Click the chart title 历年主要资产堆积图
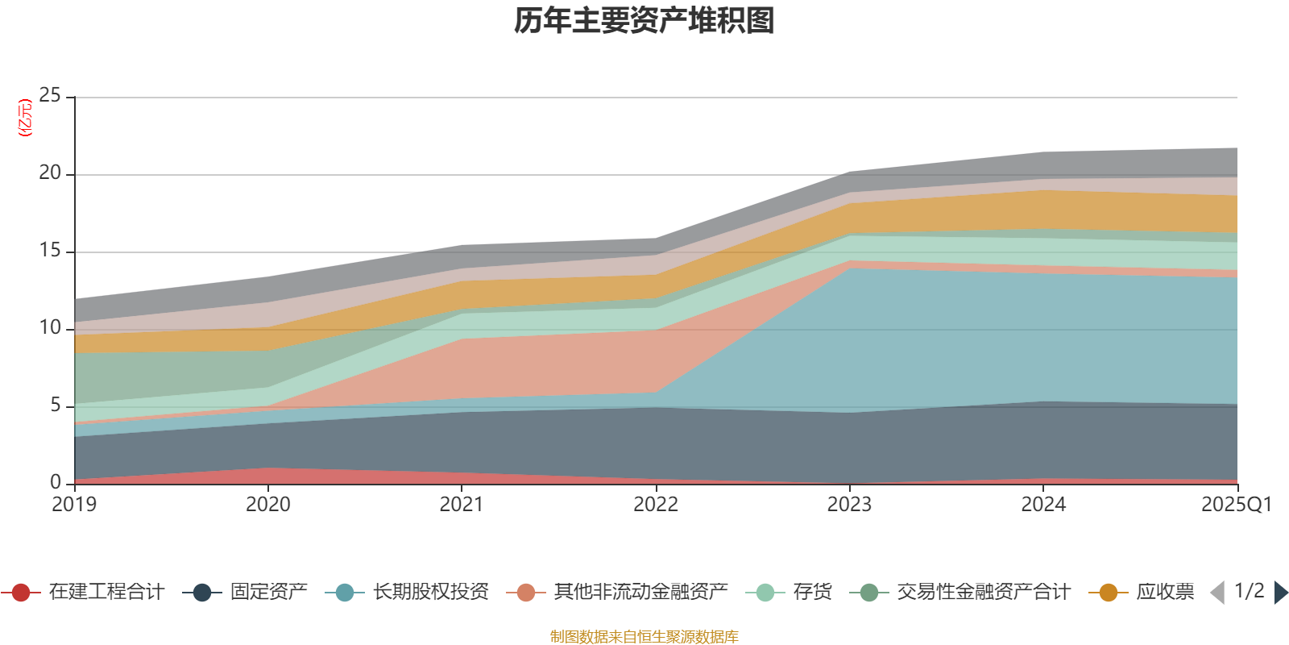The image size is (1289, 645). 644,21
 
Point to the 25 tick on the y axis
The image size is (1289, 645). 50,96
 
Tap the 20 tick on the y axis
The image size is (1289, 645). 50,173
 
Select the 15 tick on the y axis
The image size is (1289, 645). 50,251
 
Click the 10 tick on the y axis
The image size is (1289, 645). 50,328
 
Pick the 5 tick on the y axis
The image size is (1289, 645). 55,406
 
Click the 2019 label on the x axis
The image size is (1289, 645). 74,505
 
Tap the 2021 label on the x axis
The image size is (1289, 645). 462,505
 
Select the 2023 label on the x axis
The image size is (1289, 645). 849,505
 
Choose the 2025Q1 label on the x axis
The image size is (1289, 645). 1236,505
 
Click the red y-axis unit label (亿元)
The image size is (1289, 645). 25,118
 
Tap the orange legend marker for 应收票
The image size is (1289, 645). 1109,593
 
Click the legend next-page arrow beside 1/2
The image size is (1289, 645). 1280,593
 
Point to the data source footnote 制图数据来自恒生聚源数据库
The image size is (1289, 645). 644,637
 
